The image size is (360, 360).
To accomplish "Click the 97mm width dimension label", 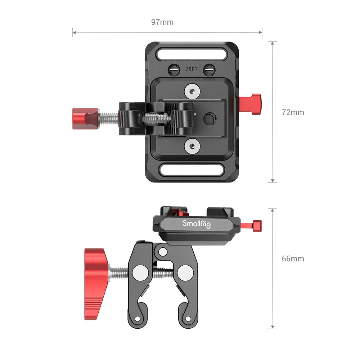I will [x=162, y=22].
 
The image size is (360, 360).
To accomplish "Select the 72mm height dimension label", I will [x=293, y=112].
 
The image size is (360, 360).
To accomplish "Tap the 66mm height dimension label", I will [x=293, y=258].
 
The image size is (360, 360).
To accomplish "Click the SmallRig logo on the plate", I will [x=197, y=224].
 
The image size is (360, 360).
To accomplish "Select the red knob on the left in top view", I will [x=85, y=118].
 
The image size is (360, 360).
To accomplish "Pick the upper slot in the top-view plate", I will [x=191, y=55].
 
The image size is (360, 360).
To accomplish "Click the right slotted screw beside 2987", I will [x=208, y=69].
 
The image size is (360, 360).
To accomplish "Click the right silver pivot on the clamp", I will [x=185, y=273].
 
